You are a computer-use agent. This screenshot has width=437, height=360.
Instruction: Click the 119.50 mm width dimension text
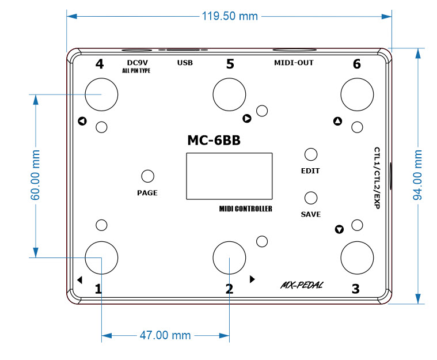[229, 16]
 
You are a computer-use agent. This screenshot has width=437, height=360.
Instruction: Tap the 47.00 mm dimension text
[165, 335]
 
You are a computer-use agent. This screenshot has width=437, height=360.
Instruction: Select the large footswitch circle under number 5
[229, 94]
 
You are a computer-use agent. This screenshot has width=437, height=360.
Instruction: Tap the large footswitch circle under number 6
[357, 94]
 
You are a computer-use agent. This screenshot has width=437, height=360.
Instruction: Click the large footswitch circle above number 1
[101, 257]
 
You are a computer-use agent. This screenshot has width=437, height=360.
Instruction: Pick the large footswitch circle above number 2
[229, 257]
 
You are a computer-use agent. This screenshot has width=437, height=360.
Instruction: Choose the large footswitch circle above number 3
[357, 257]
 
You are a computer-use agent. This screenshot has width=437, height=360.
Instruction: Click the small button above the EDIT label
[311, 154]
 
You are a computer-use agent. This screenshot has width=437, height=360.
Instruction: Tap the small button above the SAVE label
[311, 198]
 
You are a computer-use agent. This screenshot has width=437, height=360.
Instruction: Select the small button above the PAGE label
[147, 177]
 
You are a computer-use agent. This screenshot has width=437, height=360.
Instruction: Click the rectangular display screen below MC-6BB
[229, 176]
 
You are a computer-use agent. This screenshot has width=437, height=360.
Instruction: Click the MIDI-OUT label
[294, 62]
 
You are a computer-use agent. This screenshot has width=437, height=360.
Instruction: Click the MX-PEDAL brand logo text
[301, 284]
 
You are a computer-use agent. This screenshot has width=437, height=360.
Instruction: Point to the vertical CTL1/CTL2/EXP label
[377, 177]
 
